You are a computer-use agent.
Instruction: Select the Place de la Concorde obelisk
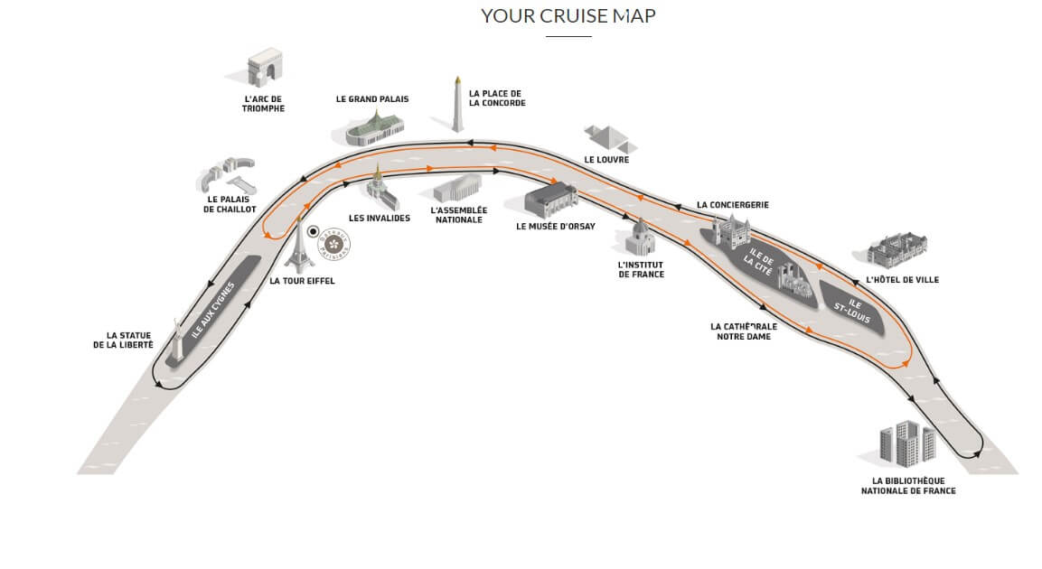point(458,104)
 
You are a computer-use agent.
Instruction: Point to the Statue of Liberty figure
point(177,342)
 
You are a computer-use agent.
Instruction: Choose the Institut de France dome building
point(640,238)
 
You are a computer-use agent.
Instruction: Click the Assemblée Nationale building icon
point(458,189)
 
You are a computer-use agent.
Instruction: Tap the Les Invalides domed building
point(378,189)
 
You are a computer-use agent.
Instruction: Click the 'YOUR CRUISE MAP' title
point(568,15)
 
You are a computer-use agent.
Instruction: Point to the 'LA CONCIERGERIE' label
point(733,205)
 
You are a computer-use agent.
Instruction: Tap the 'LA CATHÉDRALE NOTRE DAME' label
point(743,331)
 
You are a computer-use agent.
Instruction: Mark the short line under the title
point(568,36)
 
